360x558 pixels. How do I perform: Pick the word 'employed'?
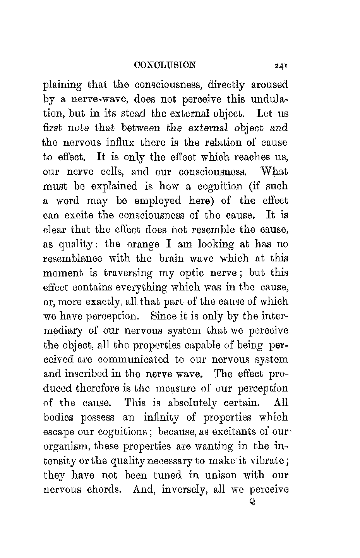[158, 201]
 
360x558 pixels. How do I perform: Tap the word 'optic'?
[192, 273]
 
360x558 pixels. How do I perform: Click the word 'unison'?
[213, 475]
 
